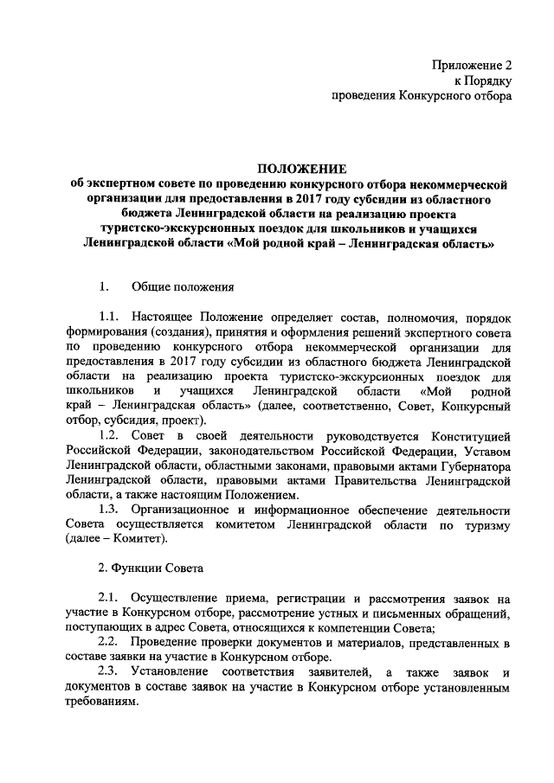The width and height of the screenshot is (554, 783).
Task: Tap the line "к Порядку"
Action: pyautogui.click(x=487, y=80)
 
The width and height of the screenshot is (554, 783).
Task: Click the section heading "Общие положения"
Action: pyautogui.click(x=181, y=286)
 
